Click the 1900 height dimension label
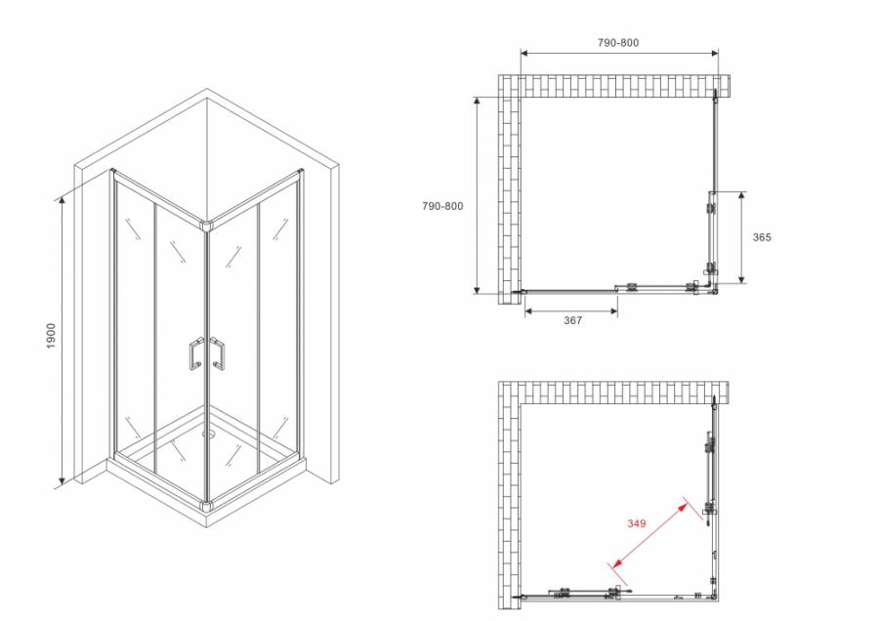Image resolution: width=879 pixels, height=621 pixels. tap(52, 336)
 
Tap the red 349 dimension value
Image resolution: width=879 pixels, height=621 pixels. tap(636, 523)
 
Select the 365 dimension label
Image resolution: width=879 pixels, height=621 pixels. tap(762, 237)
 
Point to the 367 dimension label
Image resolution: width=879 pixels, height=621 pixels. tap(572, 320)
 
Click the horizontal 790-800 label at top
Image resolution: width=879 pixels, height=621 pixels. tap(618, 43)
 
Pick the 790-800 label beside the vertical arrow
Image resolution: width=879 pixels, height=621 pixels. tap(442, 206)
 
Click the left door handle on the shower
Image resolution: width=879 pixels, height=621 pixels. tap(196, 353)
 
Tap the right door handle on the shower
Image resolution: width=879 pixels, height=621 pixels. tap(218, 353)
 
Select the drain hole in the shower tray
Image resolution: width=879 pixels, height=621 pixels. tap(212, 433)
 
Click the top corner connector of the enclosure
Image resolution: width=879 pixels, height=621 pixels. tap(208, 227)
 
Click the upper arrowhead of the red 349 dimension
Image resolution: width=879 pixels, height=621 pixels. tap(683, 507)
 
